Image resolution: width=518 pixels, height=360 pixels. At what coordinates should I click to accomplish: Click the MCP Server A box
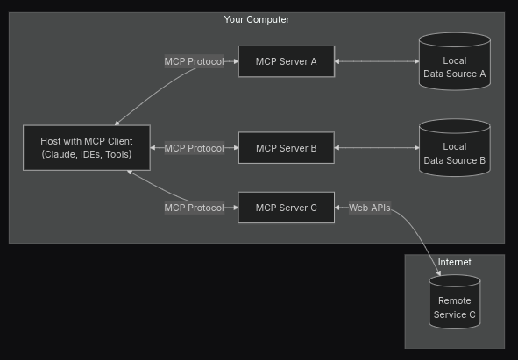[x=287, y=61]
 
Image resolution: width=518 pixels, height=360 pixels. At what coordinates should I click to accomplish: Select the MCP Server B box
[x=287, y=148]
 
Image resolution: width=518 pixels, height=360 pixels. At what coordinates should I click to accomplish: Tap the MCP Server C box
[x=287, y=208]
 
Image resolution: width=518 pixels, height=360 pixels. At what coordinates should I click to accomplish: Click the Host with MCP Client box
[x=87, y=148]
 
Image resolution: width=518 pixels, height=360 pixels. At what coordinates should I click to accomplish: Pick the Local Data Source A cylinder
[x=455, y=61]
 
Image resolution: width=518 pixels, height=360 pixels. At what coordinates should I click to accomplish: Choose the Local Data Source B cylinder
[x=455, y=148]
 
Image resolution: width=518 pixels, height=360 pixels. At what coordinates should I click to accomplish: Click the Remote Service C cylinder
[x=455, y=301]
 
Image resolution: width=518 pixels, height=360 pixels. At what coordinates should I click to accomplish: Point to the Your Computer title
[x=257, y=19]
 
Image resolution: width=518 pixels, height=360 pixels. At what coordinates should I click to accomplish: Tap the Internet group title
[x=455, y=262]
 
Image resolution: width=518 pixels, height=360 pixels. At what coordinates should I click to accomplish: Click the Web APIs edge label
[x=370, y=208]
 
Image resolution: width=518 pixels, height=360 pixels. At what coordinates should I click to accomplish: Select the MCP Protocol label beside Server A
[x=195, y=61]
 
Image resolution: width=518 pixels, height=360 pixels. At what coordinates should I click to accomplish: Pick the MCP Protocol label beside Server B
[x=195, y=148]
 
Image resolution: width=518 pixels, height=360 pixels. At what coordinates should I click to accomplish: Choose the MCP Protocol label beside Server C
[x=195, y=208]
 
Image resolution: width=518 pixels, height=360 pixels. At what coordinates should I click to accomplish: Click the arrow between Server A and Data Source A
[x=377, y=61]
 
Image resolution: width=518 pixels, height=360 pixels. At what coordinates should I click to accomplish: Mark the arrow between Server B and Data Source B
[x=377, y=148]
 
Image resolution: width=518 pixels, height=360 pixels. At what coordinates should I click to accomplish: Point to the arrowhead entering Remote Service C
[x=439, y=273]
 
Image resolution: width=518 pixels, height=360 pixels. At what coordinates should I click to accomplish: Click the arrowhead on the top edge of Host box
[x=117, y=124]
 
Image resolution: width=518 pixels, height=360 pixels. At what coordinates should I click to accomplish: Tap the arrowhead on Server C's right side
[x=337, y=208]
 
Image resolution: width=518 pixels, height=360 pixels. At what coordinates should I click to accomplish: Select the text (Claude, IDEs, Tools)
[x=87, y=154]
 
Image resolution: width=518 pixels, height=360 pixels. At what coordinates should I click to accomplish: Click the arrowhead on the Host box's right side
[x=153, y=148]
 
